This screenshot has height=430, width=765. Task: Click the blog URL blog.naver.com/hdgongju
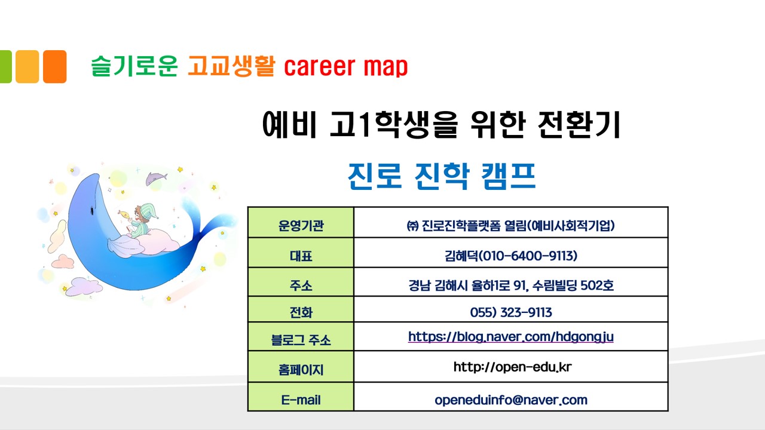point(511,337)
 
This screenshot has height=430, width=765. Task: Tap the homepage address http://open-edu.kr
point(512,367)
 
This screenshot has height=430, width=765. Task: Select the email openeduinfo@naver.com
point(511,400)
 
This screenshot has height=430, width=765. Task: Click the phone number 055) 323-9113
point(511,312)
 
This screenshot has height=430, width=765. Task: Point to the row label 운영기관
point(301,226)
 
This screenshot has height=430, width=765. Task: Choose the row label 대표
point(301,256)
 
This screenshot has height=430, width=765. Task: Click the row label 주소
point(301,285)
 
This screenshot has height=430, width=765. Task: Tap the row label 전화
point(301,312)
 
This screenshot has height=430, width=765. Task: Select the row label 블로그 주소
point(301,340)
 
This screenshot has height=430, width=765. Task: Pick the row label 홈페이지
point(301,370)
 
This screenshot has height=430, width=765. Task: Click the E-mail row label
point(301,400)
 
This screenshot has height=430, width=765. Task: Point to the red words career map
point(345,66)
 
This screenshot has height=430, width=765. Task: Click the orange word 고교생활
point(231,66)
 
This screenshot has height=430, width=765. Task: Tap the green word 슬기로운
point(134,66)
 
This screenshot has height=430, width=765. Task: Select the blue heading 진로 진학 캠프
point(442,176)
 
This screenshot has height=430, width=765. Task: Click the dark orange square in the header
point(54,66)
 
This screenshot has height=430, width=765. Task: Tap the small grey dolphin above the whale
point(157,179)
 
